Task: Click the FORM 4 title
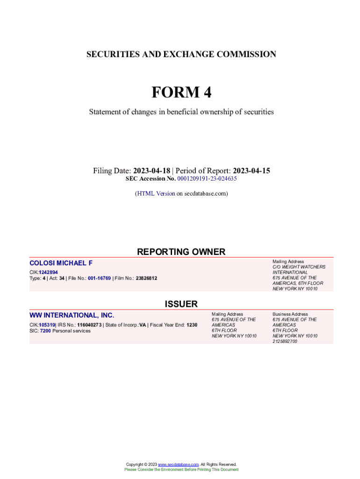tap(181, 93)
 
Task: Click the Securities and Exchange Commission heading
tap(181, 55)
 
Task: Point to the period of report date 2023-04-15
tap(252, 171)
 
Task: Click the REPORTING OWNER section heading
tap(181, 252)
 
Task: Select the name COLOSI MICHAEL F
tap(61, 263)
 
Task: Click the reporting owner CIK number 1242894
tap(49, 272)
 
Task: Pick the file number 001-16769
tap(99, 278)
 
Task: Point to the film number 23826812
tap(146, 278)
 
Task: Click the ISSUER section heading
tap(181, 304)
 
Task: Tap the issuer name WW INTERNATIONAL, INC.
tap(72, 315)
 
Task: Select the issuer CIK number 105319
tap(47, 325)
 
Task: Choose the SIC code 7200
tap(45, 331)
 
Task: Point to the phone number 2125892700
tap(285, 341)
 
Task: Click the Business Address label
tap(290, 314)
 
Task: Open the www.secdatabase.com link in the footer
tap(179, 464)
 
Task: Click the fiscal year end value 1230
tap(192, 325)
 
